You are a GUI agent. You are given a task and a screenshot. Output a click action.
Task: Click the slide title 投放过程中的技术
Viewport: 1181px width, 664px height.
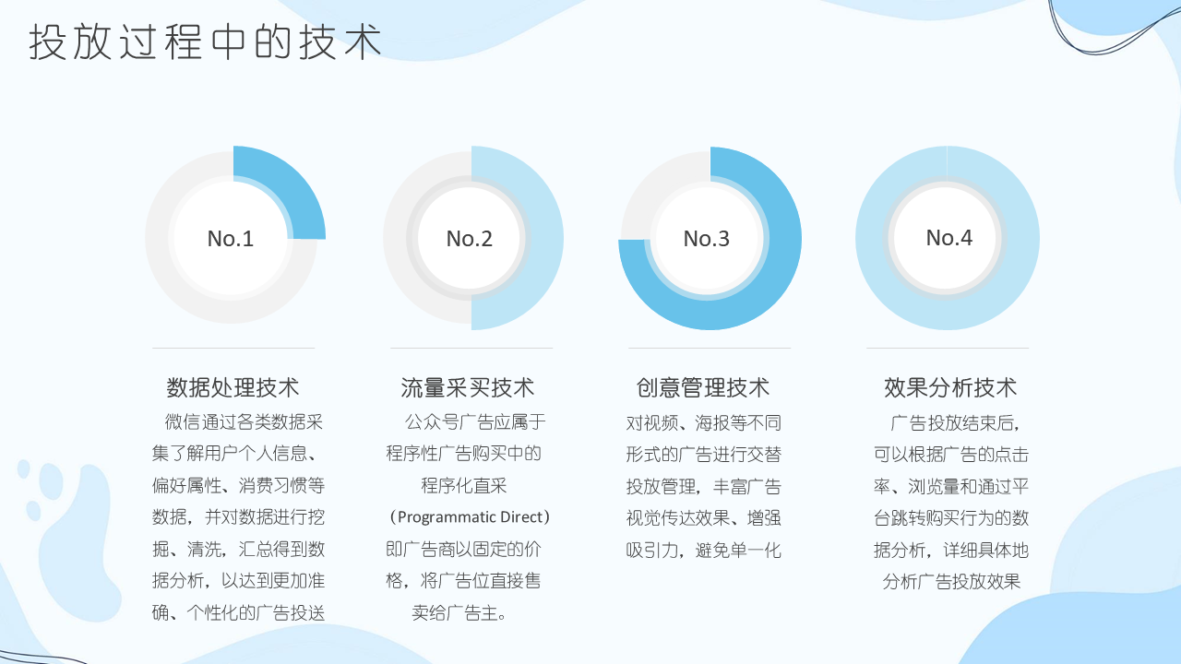(x=205, y=41)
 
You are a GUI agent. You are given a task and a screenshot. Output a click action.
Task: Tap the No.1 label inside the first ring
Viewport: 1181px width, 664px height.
(x=231, y=239)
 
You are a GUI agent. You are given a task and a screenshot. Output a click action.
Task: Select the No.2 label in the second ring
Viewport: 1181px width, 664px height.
(x=470, y=239)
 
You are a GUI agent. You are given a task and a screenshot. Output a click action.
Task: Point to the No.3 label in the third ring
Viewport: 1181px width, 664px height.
(x=707, y=239)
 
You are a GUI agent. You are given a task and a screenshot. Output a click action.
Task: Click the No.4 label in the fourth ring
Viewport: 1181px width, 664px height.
(x=949, y=238)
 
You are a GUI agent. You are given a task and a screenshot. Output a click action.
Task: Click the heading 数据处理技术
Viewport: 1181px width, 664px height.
(x=233, y=388)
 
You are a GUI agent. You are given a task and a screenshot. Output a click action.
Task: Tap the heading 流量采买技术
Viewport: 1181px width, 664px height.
(x=468, y=388)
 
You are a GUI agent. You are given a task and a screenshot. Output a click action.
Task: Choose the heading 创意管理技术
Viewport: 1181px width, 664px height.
(x=703, y=388)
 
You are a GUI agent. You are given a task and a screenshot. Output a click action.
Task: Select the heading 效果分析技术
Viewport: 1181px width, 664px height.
(x=950, y=388)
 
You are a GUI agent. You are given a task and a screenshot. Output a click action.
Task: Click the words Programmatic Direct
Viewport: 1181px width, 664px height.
(x=471, y=517)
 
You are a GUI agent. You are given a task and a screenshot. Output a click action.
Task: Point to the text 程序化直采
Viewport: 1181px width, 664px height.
(x=464, y=485)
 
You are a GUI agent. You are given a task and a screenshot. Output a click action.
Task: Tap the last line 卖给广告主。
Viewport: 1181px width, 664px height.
(x=459, y=613)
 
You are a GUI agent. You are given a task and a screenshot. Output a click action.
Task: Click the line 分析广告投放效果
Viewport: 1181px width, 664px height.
(x=951, y=582)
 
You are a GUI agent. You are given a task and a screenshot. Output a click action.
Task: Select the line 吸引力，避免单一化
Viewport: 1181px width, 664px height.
(x=703, y=551)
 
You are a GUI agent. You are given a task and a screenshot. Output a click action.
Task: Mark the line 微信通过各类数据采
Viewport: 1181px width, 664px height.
(x=244, y=421)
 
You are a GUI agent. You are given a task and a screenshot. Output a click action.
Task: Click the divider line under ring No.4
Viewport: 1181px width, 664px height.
(x=948, y=348)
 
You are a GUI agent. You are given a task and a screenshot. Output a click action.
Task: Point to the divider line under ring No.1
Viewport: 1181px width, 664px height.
(x=233, y=348)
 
